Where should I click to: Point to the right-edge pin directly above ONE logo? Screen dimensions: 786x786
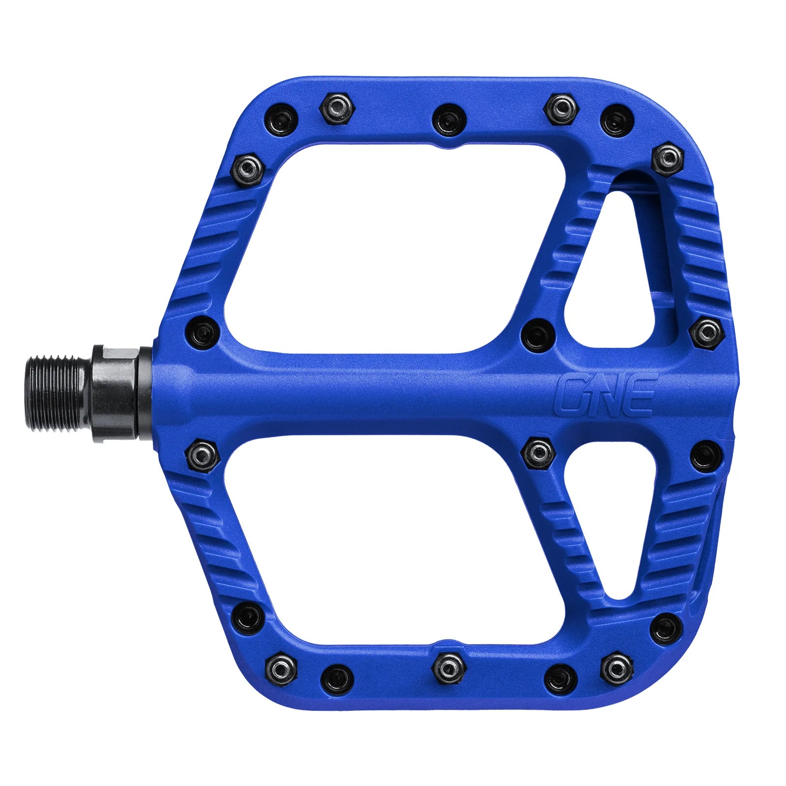(706, 333)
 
